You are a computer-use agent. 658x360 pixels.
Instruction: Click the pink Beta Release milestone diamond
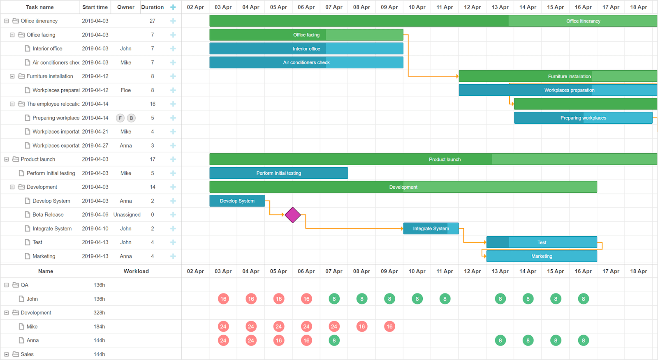292,215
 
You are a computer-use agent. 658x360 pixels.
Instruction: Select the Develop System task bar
237,201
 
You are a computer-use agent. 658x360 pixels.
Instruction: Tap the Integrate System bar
431,228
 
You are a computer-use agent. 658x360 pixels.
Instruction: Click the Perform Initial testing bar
278,173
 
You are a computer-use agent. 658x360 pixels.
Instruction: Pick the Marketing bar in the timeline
542,256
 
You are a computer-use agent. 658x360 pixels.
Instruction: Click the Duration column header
152,7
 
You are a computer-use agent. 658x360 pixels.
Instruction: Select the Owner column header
125,7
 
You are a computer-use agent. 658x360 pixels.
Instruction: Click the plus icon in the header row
173,7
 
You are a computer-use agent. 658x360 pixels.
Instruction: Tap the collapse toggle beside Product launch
7,159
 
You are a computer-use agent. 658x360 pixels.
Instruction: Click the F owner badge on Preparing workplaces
120,118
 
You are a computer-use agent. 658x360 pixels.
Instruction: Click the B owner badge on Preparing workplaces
131,118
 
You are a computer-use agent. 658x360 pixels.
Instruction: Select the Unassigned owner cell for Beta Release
127,215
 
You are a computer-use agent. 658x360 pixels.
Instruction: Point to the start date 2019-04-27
95,145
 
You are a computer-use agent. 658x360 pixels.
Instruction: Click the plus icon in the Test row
173,242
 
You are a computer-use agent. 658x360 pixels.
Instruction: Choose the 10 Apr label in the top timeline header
417,7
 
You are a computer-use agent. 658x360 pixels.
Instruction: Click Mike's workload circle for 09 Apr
389,327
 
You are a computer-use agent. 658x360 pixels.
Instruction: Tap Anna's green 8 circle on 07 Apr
334,341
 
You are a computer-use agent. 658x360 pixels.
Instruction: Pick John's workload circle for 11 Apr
445,299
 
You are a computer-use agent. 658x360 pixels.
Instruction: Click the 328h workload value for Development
99,313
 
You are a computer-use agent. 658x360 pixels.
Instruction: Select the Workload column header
136,271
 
